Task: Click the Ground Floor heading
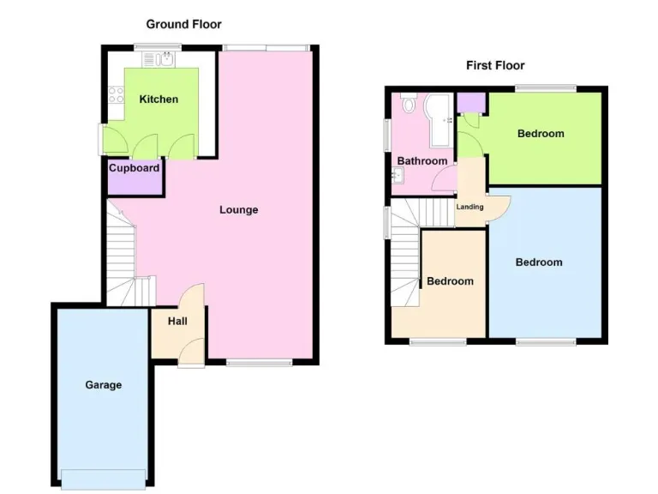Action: pyautogui.click(x=183, y=24)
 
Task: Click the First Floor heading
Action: pyautogui.click(x=495, y=65)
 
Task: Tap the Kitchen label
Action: pyautogui.click(x=159, y=99)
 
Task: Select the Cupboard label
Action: pyautogui.click(x=134, y=168)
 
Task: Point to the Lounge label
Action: pyautogui.click(x=238, y=210)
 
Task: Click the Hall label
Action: pyautogui.click(x=177, y=322)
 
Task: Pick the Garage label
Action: pyautogui.click(x=103, y=385)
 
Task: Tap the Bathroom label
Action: pyautogui.click(x=422, y=161)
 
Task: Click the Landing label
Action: pyautogui.click(x=470, y=207)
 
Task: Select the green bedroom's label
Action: pyautogui.click(x=541, y=134)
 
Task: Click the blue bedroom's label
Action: pyautogui.click(x=539, y=262)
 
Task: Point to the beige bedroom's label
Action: pyautogui.click(x=450, y=281)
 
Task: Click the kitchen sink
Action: pyautogui.click(x=160, y=58)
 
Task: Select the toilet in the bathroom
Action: pyautogui.click(x=409, y=106)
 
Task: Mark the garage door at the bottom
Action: pyautogui.click(x=103, y=479)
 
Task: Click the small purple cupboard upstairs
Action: pyautogui.click(x=469, y=102)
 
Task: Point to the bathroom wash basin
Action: pyautogui.click(x=397, y=177)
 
